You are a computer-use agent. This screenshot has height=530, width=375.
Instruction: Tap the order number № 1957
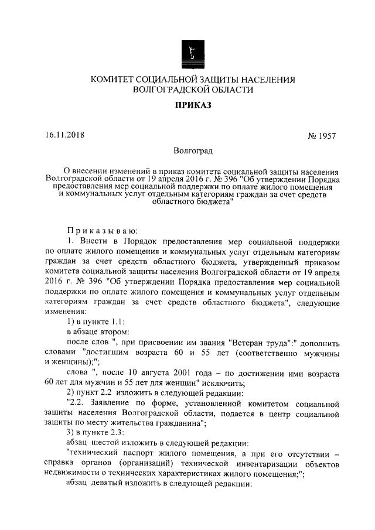[322, 136]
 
